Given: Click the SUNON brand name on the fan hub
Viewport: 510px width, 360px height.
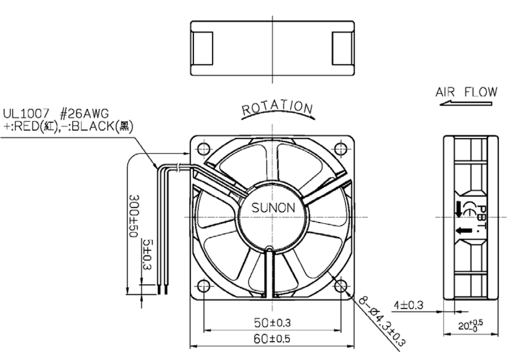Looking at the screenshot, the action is tap(273, 207).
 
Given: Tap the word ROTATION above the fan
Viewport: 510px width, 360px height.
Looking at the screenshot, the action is tap(277, 108).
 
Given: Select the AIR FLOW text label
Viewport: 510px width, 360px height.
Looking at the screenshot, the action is tap(466, 92).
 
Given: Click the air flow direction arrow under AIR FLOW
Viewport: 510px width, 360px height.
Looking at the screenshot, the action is tap(465, 103).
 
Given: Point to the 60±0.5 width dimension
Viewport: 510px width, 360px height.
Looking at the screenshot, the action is tap(271, 339).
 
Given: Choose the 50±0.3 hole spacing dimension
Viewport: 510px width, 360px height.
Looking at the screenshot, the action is tap(273, 323).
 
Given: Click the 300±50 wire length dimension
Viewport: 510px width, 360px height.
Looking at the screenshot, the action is tap(134, 216).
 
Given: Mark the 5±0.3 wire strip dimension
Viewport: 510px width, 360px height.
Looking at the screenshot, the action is tap(148, 254).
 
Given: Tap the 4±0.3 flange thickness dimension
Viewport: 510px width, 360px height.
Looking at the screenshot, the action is tap(409, 306).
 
